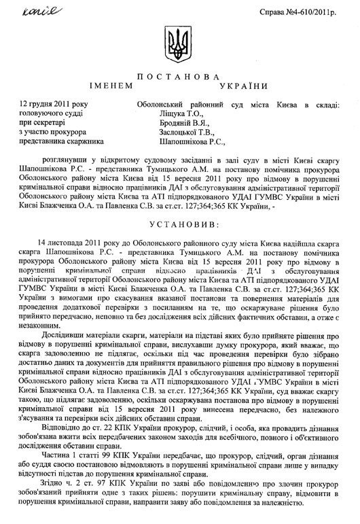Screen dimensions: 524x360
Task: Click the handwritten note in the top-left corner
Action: (x=23, y=11)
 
